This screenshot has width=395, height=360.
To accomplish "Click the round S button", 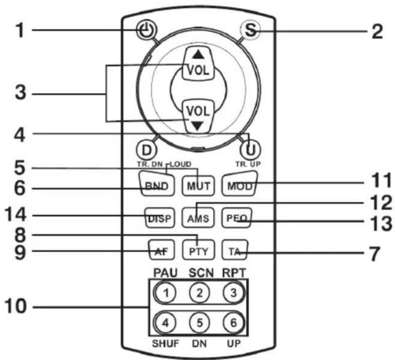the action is click(249, 31).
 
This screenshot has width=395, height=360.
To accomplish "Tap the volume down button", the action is click(199, 116).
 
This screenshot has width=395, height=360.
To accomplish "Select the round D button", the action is click(147, 150).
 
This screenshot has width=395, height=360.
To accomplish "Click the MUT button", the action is click(199, 185).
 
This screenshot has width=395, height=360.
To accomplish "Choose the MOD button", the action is click(240, 184).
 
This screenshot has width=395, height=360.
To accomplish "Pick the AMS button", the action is click(198, 218).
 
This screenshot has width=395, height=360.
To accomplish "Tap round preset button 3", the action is click(234, 293).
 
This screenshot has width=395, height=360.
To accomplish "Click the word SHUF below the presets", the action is click(165, 343).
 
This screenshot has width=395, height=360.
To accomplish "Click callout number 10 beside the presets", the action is click(15, 306).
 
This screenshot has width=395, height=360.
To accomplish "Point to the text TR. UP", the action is click(248, 164).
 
